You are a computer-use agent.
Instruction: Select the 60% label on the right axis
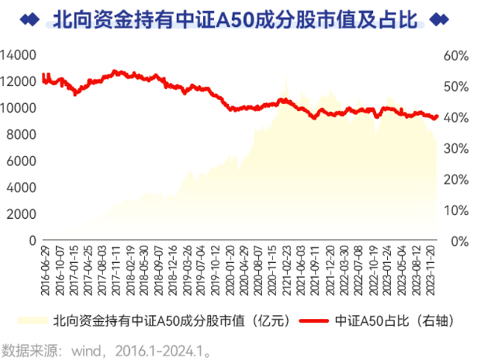tap(454, 56)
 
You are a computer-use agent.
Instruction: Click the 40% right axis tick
tap(454, 118)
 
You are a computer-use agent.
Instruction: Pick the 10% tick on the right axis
tap(454, 210)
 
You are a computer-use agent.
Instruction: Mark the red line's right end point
tap(437, 116)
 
